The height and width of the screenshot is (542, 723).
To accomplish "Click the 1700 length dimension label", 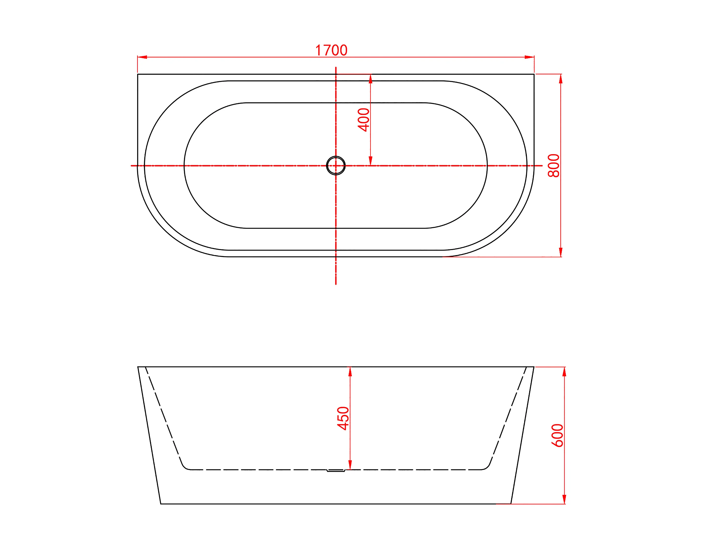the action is pyautogui.click(x=331, y=50).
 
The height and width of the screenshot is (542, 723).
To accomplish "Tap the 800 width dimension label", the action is pyautogui.click(x=554, y=166).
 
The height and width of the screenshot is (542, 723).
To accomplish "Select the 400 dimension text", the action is pyautogui.click(x=363, y=120).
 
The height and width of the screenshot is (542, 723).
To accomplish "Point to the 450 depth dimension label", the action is pyautogui.click(x=343, y=418).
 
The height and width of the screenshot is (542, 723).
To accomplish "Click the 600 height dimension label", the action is pyautogui.click(x=557, y=436).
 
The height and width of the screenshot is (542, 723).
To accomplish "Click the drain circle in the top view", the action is pyautogui.click(x=336, y=166).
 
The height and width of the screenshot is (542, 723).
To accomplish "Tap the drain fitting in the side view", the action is pyautogui.click(x=336, y=471).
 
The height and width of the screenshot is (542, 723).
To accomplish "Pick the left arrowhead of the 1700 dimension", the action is pyautogui.click(x=142, y=57).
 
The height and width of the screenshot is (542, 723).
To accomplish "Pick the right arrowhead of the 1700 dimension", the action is pyautogui.click(x=529, y=57).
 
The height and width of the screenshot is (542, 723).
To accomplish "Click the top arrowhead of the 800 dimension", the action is pyautogui.click(x=561, y=79).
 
